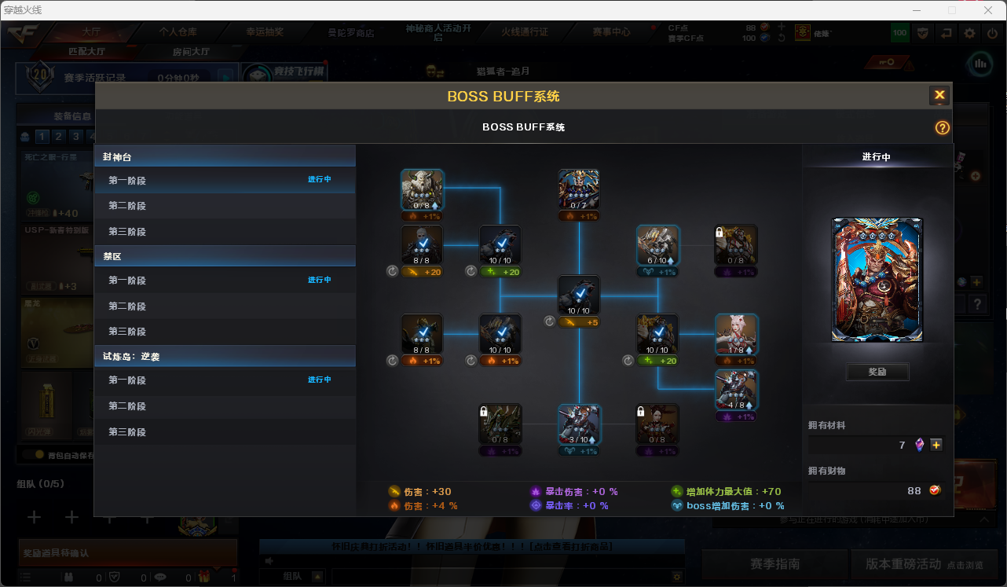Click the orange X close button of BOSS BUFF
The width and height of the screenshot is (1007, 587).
pos(939,96)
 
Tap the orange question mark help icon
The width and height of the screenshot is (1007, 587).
pos(943,128)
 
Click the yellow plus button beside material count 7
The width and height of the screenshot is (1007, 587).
pos(936,445)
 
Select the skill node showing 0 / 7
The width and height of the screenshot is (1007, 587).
pos(579,189)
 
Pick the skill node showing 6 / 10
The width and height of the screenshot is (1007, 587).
pos(657,245)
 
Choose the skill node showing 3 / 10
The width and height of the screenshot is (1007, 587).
pos(579,424)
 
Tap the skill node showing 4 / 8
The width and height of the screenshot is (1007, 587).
pos(736,390)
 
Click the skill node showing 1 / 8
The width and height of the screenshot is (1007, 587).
pos(736,334)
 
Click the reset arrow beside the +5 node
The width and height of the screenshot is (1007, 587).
pos(549,321)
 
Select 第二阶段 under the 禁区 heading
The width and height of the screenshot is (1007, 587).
pos(127,306)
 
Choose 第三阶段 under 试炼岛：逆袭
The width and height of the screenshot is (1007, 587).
pos(127,432)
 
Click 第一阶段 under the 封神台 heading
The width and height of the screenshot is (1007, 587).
pos(127,181)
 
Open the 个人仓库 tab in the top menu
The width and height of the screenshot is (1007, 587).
pos(178,32)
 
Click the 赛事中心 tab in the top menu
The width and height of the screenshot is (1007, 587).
pos(611,32)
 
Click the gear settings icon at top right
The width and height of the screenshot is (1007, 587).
pos(970,33)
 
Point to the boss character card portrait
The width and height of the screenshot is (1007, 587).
pos(877,280)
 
